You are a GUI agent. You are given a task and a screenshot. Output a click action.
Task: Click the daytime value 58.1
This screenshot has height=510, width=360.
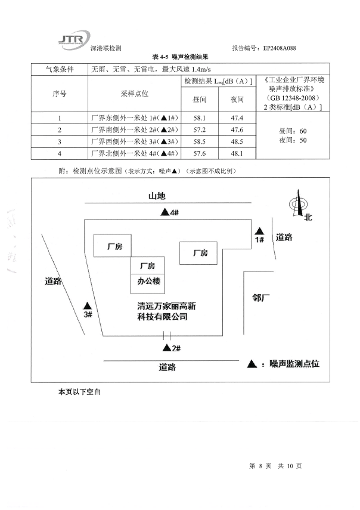(x=200, y=118)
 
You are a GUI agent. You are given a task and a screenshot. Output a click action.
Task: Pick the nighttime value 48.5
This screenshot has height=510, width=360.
(x=237, y=141)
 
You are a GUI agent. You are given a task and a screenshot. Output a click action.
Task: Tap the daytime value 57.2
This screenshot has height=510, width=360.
(x=200, y=130)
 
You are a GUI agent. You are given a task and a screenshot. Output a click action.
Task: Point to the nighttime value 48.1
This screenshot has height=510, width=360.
(x=237, y=153)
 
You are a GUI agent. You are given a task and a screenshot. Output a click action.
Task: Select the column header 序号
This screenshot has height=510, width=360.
(x=59, y=94)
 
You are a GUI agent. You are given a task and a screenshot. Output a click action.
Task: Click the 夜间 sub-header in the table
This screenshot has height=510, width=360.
(x=237, y=100)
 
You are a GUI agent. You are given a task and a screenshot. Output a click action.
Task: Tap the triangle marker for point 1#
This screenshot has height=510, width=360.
(x=259, y=230)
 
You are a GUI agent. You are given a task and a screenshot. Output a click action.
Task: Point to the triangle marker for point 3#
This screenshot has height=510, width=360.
(x=87, y=305)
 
